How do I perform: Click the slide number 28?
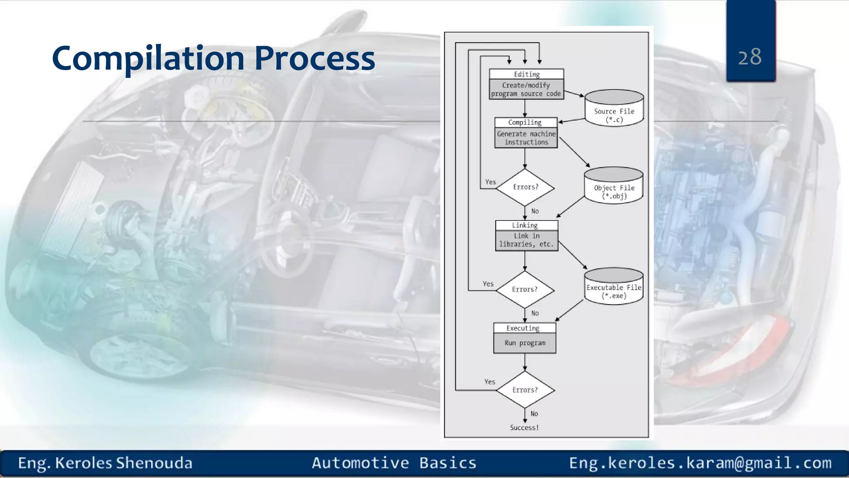coord(750,57)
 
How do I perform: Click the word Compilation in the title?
coord(148,59)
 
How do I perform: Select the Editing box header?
coord(526,74)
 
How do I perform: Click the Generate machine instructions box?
coord(526,138)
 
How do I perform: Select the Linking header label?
coord(525,225)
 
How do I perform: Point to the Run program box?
coord(525,343)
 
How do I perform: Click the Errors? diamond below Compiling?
coord(525,187)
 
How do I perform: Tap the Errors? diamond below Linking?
coord(525,289)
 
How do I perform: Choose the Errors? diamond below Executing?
coord(525,390)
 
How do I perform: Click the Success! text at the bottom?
coord(524,427)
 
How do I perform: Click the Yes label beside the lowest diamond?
coord(490,382)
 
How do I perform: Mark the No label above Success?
coord(534,414)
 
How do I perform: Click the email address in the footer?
coord(700,463)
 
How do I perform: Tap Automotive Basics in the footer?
coord(394,463)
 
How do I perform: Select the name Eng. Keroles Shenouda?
coord(105,463)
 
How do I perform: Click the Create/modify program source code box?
coord(526,89)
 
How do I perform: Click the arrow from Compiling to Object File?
coord(575,152)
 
